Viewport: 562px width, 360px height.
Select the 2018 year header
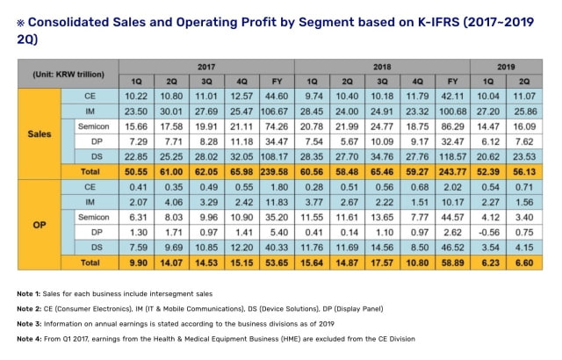pos(381,66)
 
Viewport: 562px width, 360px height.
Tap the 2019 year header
pos(507,66)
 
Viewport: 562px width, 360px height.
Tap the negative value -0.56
pos(488,231)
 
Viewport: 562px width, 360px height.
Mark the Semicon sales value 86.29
pos(452,127)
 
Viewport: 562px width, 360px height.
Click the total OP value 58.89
pos(452,263)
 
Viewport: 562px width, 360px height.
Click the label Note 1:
pos(34,292)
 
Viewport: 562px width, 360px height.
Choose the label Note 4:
pos(34,337)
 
